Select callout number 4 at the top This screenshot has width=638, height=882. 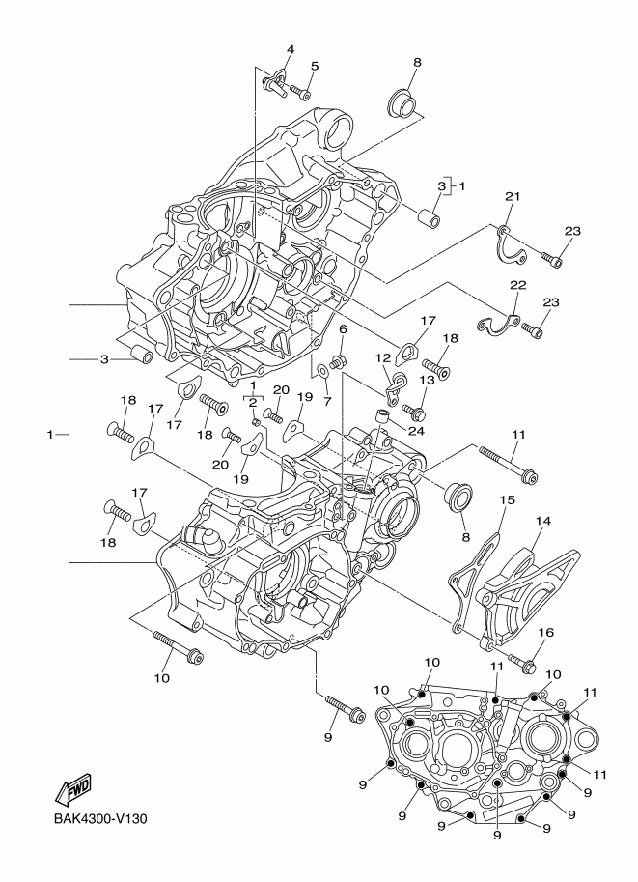[289, 49]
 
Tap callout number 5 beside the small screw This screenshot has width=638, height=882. [314, 66]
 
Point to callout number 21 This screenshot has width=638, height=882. [513, 198]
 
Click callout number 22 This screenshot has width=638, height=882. [517, 285]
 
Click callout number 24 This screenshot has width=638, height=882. [417, 430]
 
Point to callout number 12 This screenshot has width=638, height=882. [382, 357]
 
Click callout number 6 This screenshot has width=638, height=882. [342, 329]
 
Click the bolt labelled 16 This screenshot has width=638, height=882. [525, 664]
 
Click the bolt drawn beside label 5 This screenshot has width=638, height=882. [298, 94]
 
